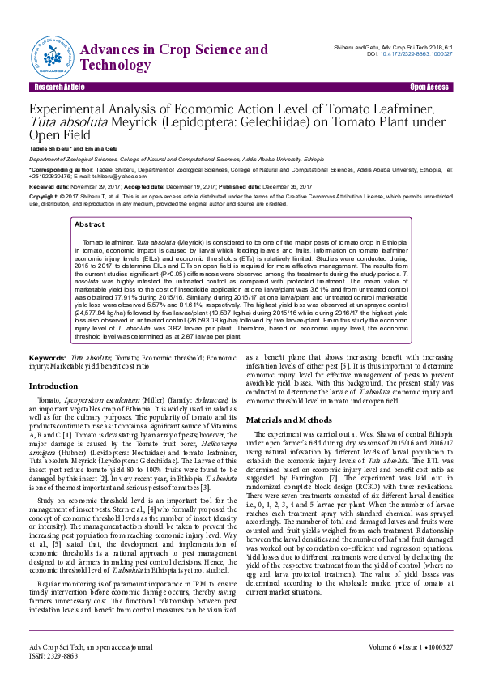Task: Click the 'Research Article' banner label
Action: (x=59, y=87)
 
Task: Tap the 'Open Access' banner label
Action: (x=429, y=87)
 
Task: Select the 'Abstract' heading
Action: (x=89, y=224)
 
